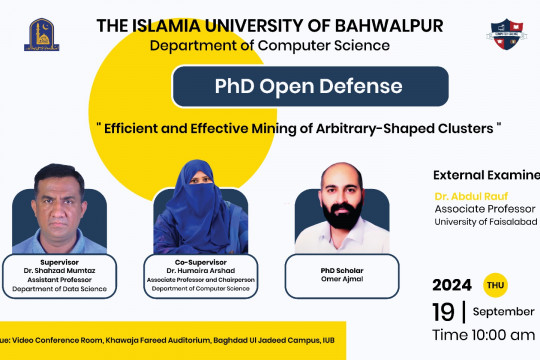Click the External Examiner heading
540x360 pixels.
pyautogui.click(x=486, y=172)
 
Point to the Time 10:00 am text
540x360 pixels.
pyautogui.click(x=483, y=331)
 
